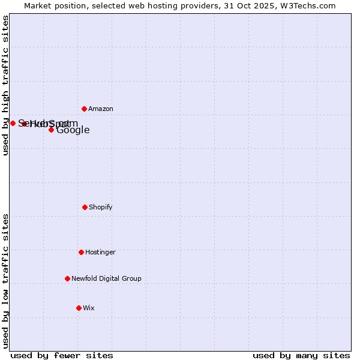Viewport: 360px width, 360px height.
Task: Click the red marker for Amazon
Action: coord(85,109)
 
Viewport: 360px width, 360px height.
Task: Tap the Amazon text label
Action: coord(101,109)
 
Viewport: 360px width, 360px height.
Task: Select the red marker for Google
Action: coord(52,130)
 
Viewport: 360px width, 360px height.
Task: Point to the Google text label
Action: coord(73,130)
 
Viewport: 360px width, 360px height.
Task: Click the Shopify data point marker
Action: coord(85,207)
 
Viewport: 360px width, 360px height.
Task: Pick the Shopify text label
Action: coord(101,208)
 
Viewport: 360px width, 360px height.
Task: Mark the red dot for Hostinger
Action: coord(81,252)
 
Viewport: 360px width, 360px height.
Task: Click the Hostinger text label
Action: coord(100,253)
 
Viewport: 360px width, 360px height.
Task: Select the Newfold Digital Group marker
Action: coord(67,278)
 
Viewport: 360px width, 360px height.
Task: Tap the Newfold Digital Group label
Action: coord(107,279)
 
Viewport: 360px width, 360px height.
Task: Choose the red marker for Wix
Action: coord(79,308)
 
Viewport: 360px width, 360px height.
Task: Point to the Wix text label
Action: coord(89,308)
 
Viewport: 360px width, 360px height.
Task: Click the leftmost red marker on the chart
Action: coord(13,123)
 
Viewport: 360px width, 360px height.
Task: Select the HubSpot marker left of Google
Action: coord(25,124)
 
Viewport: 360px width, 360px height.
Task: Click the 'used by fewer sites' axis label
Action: coord(62,355)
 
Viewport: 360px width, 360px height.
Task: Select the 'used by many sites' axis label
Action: coord(301,355)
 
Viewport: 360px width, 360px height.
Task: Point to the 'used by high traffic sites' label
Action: coord(5,85)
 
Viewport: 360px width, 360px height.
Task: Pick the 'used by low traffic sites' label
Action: coord(5,281)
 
